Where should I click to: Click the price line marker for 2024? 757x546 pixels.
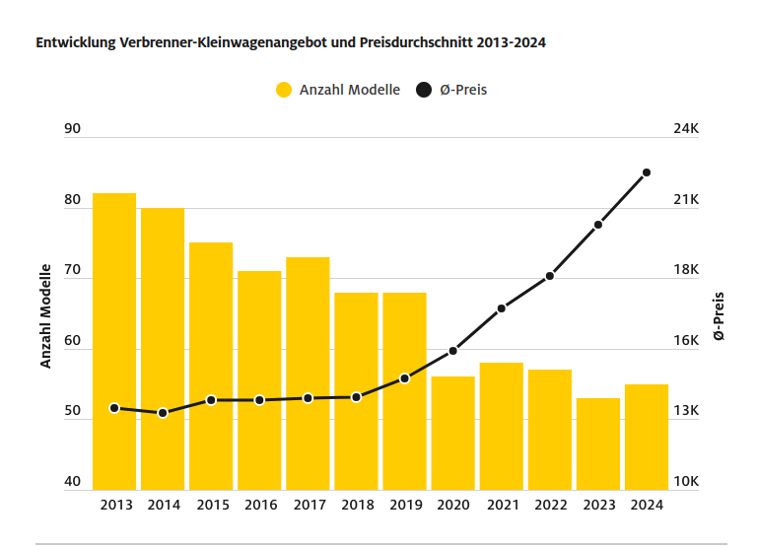point(647,172)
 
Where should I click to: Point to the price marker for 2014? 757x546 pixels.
point(163,413)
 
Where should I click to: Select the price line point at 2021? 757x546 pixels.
point(501,308)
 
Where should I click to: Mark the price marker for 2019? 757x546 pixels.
point(404,378)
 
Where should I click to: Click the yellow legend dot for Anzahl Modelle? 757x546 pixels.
point(284,90)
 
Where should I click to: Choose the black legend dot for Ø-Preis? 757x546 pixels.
point(424,90)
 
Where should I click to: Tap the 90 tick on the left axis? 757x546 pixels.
point(71,129)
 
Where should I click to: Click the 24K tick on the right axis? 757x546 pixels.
point(685,129)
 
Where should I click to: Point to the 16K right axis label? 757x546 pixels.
point(685,341)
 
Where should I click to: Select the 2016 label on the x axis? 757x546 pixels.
point(259,505)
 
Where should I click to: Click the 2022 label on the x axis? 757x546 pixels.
point(550,505)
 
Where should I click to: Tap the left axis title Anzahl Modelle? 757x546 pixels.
point(45,315)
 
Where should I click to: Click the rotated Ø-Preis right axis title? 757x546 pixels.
point(719,315)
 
